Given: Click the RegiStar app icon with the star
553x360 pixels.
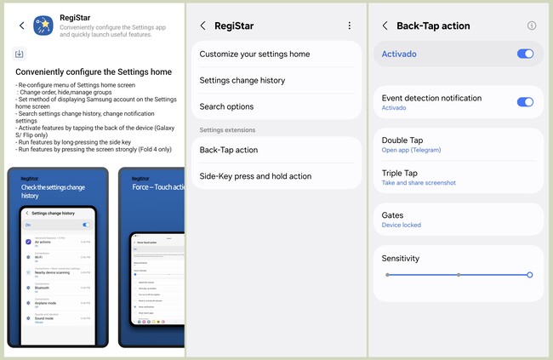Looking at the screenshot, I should pyautogui.click(x=43, y=26).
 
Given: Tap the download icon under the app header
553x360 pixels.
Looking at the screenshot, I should pyautogui.click(x=20, y=54).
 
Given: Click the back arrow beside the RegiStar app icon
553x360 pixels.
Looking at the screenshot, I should pyautogui.click(x=21, y=26).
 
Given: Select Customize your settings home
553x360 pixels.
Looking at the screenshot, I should pyautogui.click(x=254, y=54).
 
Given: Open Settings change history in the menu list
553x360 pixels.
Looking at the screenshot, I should pyautogui.click(x=242, y=81).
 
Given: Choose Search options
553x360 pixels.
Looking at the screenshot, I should pyautogui.click(x=226, y=107).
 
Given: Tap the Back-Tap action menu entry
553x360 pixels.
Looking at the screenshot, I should pyautogui.click(x=229, y=151).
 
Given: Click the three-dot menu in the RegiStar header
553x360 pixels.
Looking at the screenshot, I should pyautogui.click(x=349, y=26).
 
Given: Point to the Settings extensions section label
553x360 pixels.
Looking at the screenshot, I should pyautogui.click(x=227, y=129).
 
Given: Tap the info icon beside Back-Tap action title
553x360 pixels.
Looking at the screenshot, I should pyautogui.click(x=532, y=26).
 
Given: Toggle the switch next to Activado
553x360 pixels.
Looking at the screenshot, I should pyautogui.click(x=525, y=54).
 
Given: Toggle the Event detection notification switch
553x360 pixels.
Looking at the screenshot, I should pyautogui.click(x=525, y=102).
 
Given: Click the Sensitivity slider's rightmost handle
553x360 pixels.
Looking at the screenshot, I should pyautogui.click(x=529, y=275).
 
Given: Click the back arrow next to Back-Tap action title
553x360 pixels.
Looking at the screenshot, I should pyautogui.click(x=385, y=26).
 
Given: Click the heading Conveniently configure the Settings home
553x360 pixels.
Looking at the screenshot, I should pyautogui.click(x=94, y=72).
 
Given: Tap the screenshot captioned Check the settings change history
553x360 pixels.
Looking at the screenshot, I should pyautogui.click(x=58, y=257).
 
